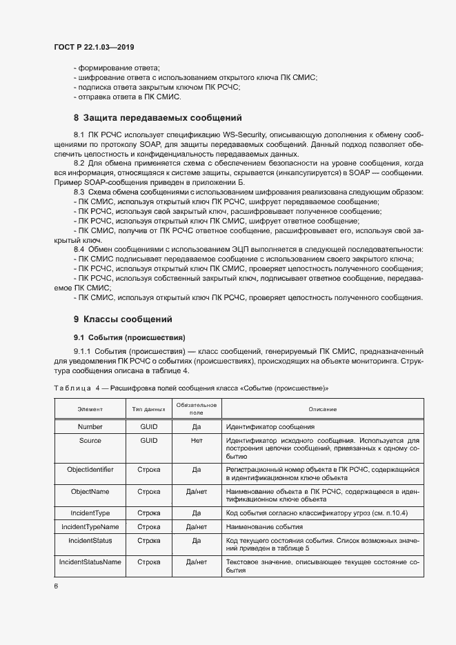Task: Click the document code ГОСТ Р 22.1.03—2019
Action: (x=94, y=47)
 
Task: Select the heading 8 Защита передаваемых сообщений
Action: (x=157, y=117)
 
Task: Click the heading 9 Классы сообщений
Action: (x=122, y=319)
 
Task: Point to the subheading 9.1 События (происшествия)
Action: (x=130, y=337)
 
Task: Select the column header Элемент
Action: (x=90, y=410)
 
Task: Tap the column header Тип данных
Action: (x=148, y=410)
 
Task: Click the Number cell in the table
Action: (x=90, y=427)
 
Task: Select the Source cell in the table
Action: (x=90, y=440)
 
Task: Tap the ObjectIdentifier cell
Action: (x=90, y=470)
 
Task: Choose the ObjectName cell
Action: (x=90, y=492)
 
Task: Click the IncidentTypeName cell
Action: (x=90, y=527)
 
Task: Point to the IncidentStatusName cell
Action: (x=90, y=562)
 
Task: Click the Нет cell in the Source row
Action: (x=197, y=440)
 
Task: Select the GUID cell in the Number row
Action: (x=148, y=427)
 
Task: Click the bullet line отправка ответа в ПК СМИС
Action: (x=117, y=97)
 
